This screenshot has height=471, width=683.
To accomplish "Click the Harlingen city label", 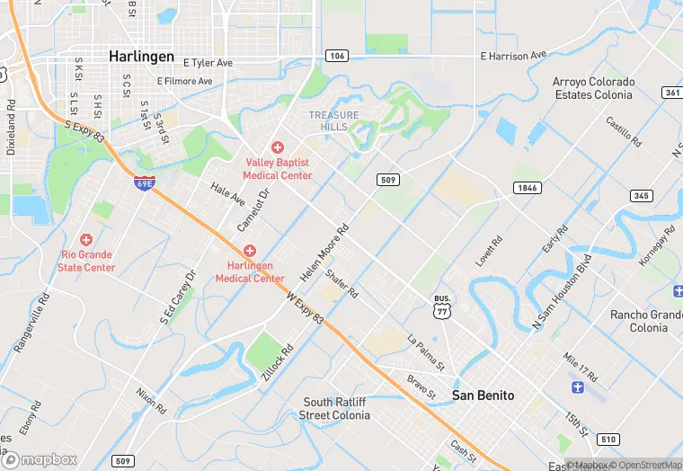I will pyautogui.click(x=141, y=56).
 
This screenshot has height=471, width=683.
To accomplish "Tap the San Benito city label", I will pyautogui.click(x=483, y=395).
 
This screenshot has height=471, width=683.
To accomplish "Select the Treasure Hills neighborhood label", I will pyautogui.click(x=333, y=121).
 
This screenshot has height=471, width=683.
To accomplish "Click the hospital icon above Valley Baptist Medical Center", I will pyautogui.click(x=278, y=147).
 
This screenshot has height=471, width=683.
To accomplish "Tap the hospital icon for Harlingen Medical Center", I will pyautogui.click(x=249, y=251).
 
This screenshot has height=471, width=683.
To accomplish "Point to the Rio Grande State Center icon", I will pyautogui.click(x=86, y=240).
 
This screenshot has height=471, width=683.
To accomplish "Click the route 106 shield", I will pyautogui.click(x=336, y=55).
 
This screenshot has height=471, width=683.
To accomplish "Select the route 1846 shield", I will pyautogui.click(x=528, y=187).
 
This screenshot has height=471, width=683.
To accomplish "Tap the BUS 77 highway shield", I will pyautogui.click(x=441, y=307).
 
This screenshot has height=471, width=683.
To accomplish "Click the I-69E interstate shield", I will pyautogui.click(x=144, y=183).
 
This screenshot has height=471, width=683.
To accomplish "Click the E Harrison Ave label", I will pyautogui.click(x=513, y=56).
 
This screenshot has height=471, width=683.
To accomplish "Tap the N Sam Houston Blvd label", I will pyautogui.click(x=563, y=295).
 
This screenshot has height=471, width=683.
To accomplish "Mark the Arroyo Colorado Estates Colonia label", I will pyautogui.click(x=593, y=88).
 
